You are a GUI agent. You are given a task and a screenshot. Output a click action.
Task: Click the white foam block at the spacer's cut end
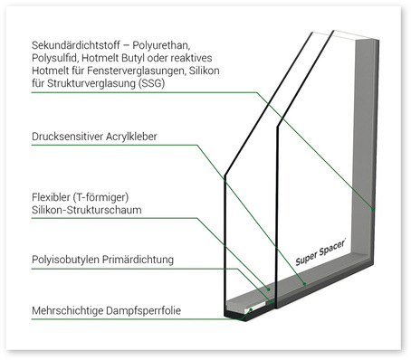coord(246,310)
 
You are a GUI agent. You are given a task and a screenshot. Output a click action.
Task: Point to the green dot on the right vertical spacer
coord(372,209)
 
